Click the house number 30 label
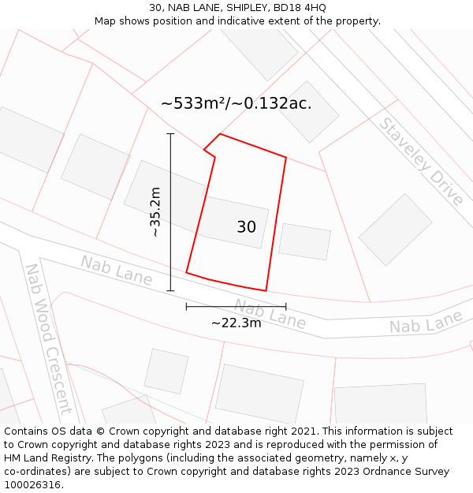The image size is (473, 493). [246, 227]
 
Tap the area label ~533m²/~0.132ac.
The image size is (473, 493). [236, 103]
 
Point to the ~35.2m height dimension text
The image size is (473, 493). [155, 211]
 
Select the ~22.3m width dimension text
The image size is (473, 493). [236, 322]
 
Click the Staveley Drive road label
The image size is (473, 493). [421, 161]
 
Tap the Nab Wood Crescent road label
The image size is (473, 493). [48, 338]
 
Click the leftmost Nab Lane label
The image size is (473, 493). [116, 270]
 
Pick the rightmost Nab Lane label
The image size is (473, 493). [426, 323]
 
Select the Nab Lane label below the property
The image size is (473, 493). [270, 314]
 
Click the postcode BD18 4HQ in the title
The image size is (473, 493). [299, 8]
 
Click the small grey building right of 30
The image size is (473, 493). [304, 241]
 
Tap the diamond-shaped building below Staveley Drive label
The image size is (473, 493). [395, 229]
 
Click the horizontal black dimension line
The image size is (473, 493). [236, 306]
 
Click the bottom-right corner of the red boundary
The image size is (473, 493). [266, 290]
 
